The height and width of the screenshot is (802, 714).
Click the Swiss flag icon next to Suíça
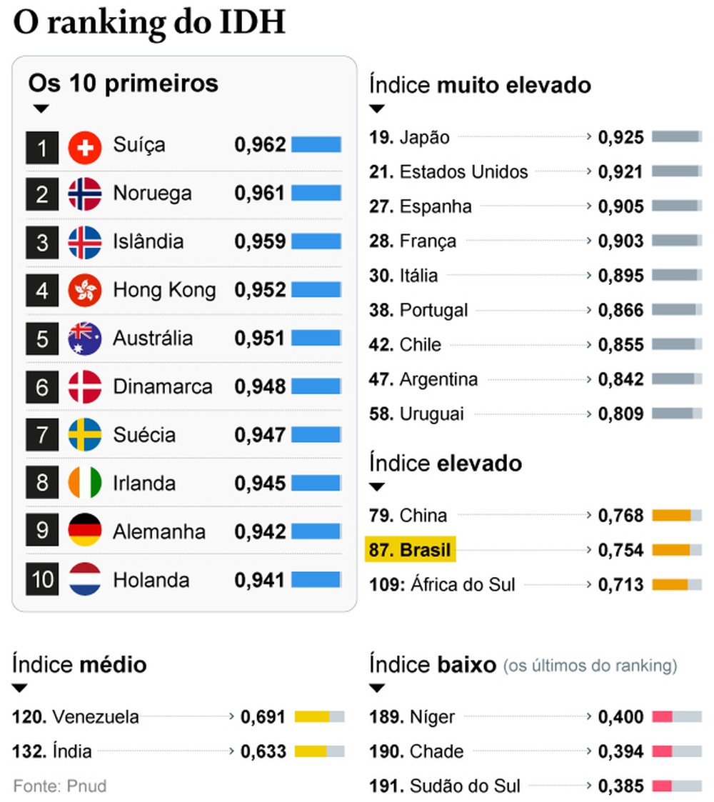coord(85,147)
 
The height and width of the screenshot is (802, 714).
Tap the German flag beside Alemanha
coord(85,532)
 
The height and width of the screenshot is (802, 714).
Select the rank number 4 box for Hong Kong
coord(42,291)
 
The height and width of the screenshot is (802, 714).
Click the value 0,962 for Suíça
coord(260,145)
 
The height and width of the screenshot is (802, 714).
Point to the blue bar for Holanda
coord(316,580)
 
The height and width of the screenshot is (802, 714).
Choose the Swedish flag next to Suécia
coord(85,436)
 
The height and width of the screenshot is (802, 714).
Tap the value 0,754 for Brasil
coord(620,551)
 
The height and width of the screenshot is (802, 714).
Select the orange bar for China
coord(672,516)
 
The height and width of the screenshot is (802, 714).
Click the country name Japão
coord(425,137)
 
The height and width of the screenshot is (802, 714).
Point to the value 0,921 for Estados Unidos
coord(620,172)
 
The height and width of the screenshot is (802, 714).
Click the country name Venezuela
coord(96,717)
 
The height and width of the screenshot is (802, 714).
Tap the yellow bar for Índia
coord(311,751)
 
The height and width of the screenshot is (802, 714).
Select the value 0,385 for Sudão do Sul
coord(620,786)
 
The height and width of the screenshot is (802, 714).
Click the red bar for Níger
coord(662,716)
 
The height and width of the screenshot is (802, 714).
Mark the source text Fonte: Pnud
coord(59,786)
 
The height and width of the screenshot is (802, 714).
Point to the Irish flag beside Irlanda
coord(85,483)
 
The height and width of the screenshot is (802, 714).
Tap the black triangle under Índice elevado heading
coord(377,487)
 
